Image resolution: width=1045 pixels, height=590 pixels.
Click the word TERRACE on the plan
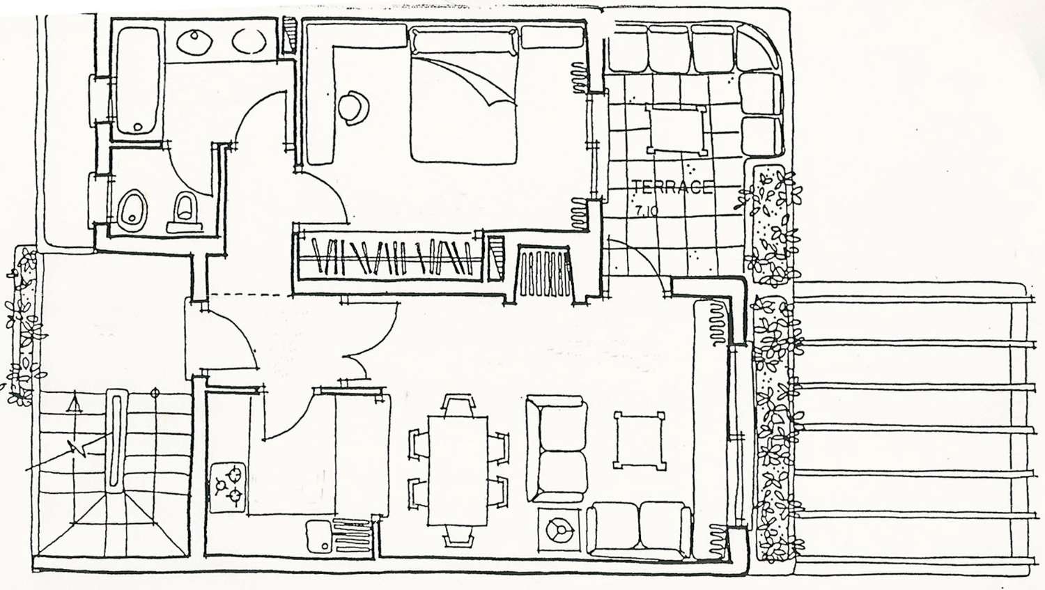(x=672, y=187)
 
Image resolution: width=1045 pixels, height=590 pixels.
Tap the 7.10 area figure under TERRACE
(x=646, y=211)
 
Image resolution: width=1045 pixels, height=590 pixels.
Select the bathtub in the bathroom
(x=138, y=81)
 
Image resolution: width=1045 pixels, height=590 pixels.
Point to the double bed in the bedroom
(x=464, y=95)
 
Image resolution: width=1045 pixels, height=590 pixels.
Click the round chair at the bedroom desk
(x=354, y=108)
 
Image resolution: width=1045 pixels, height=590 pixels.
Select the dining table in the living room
(x=458, y=471)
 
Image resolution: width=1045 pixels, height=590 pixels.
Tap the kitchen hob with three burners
(x=229, y=486)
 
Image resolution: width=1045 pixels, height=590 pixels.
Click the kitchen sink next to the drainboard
(x=320, y=536)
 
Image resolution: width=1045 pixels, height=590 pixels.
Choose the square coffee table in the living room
(x=640, y=441)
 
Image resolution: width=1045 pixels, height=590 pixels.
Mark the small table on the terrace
(x=676, y=129)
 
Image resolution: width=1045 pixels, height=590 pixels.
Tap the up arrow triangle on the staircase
(x=74, y=403)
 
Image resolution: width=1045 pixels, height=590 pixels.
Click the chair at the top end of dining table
(x=458, y=405)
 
